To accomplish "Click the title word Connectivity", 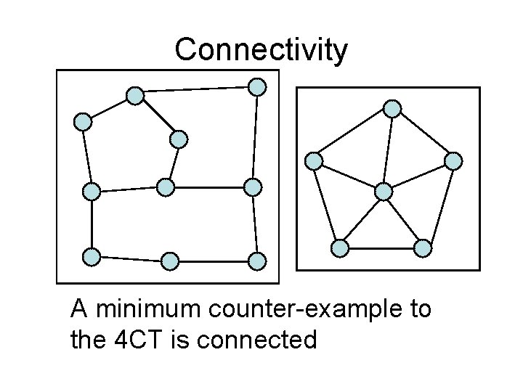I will pos(261,50).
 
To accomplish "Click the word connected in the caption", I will pos(264,339).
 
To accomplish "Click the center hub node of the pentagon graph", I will pos(383,192).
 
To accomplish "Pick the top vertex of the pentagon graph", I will pos(392,109).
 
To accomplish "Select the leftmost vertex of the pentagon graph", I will pos(314,160).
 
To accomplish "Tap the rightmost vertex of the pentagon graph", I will pos(453,160).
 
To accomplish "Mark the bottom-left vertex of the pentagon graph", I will pos(339,248).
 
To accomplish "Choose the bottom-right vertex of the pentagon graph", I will pos(423,248).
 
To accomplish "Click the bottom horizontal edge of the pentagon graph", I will pos(381,248).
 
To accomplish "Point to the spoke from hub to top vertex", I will pos(388,150).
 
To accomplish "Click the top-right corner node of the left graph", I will pos(257,87).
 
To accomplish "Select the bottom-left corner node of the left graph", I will pos(92,256).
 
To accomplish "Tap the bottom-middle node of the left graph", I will pos(169,260).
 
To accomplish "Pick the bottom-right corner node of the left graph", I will pos(257,260).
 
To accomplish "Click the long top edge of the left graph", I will pos(196,91).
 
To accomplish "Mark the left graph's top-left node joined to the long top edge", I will pos(134,95).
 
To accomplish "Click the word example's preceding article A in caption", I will pos(79,310).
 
